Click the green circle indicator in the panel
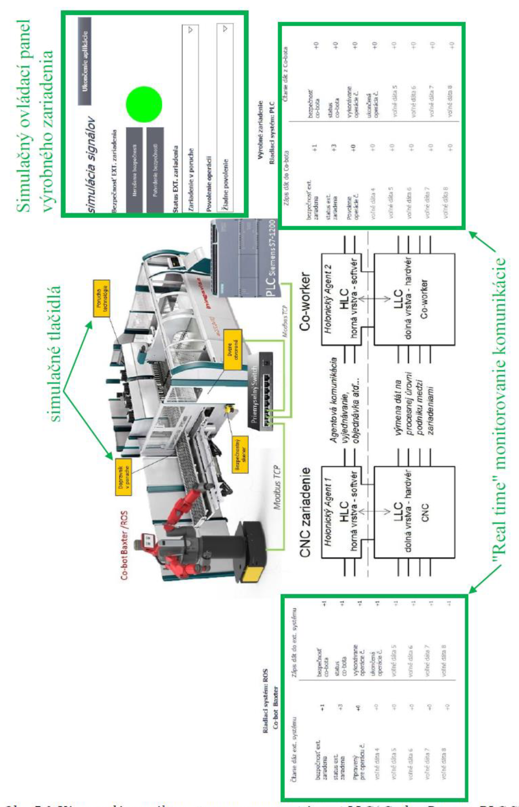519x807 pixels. click(x=144, y=104)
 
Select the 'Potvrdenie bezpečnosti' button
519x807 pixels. click(x=155, y=169)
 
